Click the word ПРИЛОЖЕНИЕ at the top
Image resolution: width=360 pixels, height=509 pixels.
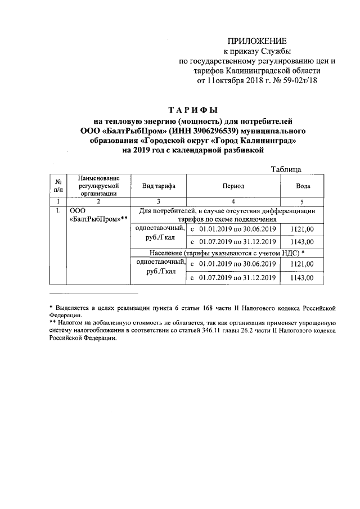point(256,41)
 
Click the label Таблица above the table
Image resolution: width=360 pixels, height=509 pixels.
point(286,169)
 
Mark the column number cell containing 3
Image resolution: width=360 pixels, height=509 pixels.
point(159,201)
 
